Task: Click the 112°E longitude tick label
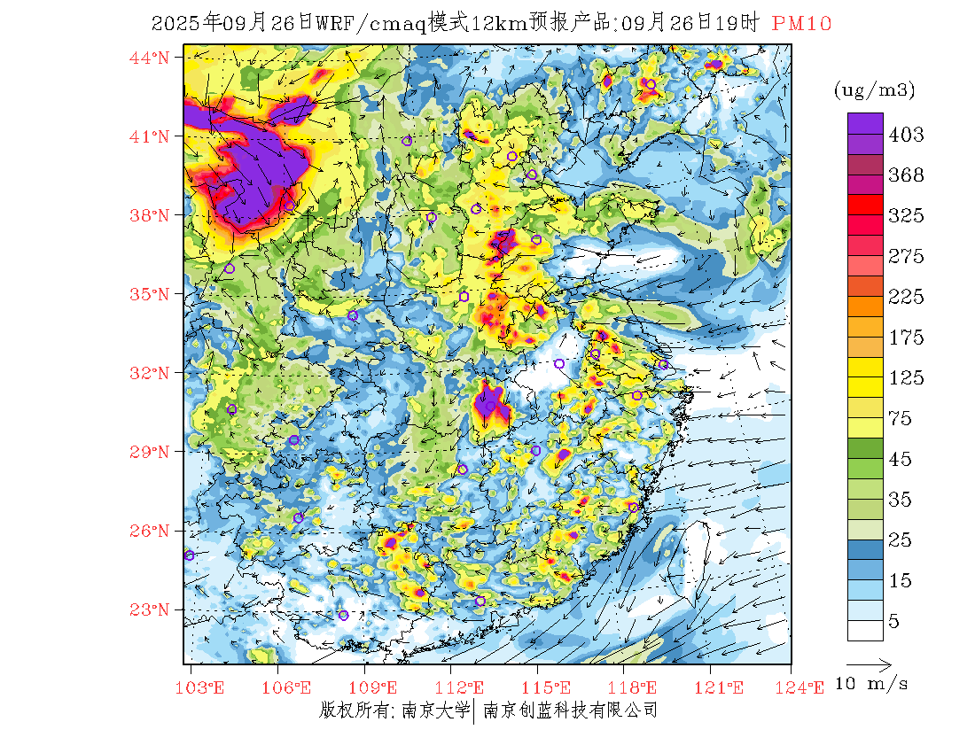click(464, 687)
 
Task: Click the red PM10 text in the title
click(801, 24)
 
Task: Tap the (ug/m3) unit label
click(875, 90)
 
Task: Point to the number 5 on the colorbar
click(893, 622)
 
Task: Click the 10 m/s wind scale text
click(872, 683)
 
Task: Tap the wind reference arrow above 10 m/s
click(869, 663)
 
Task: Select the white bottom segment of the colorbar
click(864, 630)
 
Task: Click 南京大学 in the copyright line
click(435, 710)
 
